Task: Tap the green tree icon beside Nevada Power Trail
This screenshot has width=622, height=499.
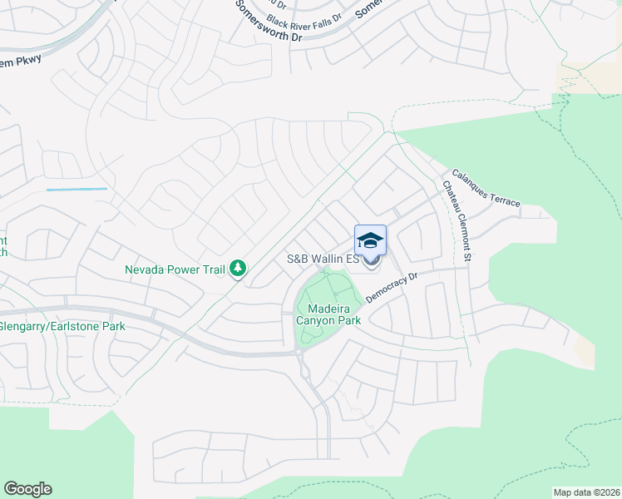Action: [239, 268]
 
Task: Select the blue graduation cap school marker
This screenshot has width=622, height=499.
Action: [370, 241]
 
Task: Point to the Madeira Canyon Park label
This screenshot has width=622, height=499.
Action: [328, 314]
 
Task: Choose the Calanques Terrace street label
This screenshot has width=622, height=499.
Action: [486, 190]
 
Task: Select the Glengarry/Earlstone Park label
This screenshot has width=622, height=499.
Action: [62, 326]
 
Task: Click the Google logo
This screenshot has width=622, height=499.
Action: [27, 489]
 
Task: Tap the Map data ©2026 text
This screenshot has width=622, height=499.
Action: [587, 492]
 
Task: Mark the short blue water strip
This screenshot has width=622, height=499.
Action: [77, 190]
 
